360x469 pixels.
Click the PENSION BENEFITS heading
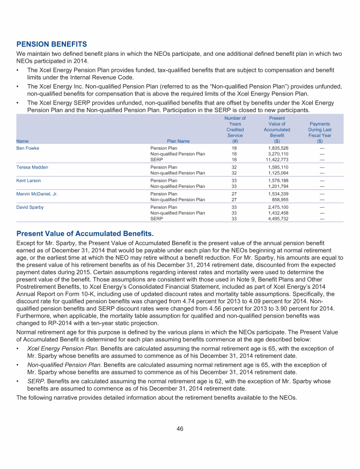(x=52, y=43)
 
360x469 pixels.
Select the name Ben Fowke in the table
(x=28, y=148)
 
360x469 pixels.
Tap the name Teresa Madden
(x=32, y=167)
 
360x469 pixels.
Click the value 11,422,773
(x=278, y=159)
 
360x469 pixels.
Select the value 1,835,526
(x=279, y=148)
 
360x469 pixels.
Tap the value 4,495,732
(x=279, y=218)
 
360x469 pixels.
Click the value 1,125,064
(x=279, y=173)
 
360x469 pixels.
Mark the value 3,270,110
(x=279, y=154)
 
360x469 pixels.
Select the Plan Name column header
(x=178, y=141)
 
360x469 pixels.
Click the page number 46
(x=180, y=429)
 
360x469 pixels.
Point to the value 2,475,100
(x=279, y=207)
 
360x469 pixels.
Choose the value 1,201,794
(x=279, y=186)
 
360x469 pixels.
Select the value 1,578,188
(x=279, y=181)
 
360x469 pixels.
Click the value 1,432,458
(x=279, y=213)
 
